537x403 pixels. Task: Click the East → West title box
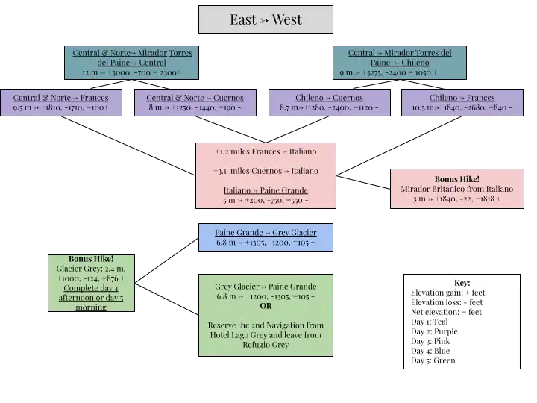tap(266, 20)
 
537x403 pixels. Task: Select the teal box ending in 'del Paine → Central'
tap(132, 63)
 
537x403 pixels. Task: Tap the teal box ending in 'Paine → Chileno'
tap(399, 63)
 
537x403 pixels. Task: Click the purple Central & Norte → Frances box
tap(60, 102)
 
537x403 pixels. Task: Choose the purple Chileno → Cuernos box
tap(328, 102)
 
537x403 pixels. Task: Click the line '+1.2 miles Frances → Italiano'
tap(266, 151)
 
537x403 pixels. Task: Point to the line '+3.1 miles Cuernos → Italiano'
tap(266, 171)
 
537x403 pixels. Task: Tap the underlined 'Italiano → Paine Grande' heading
tap(266, 190)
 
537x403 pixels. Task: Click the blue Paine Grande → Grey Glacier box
tap(266, 237)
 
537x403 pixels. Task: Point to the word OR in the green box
tap(266, 306)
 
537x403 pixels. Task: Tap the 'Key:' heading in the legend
tap(462, 283)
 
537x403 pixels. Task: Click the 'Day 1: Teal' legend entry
tap(430, 322)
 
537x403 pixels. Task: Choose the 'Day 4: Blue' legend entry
tap(430, 351)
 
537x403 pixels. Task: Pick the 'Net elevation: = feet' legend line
tap(446, 312)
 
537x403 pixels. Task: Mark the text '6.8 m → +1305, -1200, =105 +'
tap(266, 243)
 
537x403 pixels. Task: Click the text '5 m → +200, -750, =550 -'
tap(266, 200)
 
